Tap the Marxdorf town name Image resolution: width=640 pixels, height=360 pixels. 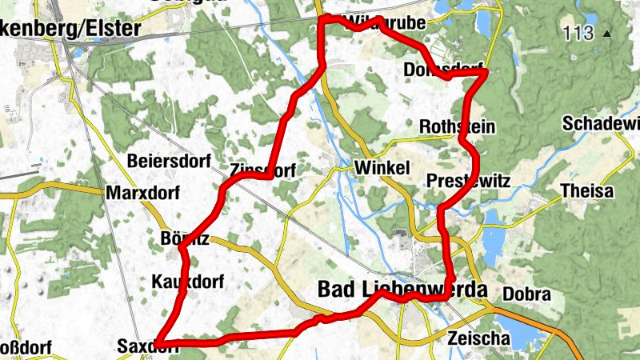(x=140, y=193)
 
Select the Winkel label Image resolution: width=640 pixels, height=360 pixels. (x=382, y=168)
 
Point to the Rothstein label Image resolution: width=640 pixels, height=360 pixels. (x=457, y=127)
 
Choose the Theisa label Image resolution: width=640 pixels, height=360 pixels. (x=587, y=192)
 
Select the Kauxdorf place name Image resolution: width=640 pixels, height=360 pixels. (x=187, y=282)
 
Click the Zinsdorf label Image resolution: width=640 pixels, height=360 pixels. (x=262, y=170)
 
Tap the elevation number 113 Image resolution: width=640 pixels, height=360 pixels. (x=578, y=34)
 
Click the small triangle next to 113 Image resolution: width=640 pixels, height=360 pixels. (x=607, y=34)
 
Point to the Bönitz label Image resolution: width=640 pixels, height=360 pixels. (x=185, y=238)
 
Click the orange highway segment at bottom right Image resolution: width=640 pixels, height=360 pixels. (x=560, y=324)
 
